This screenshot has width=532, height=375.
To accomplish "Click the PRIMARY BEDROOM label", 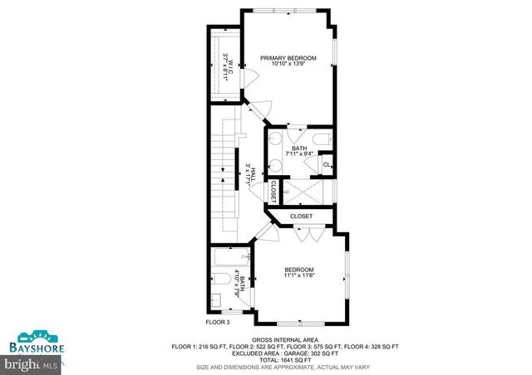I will (288, 58).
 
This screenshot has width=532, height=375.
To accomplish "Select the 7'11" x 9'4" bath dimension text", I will (298, 153).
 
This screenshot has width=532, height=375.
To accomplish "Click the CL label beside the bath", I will (327, 164).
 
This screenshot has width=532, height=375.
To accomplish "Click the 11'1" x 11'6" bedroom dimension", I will (299, 275).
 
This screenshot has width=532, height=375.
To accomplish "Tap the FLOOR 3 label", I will (220, 321).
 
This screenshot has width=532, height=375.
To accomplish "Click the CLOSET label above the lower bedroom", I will (301, 217).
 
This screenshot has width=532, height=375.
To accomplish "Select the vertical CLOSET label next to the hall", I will (272, 191).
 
